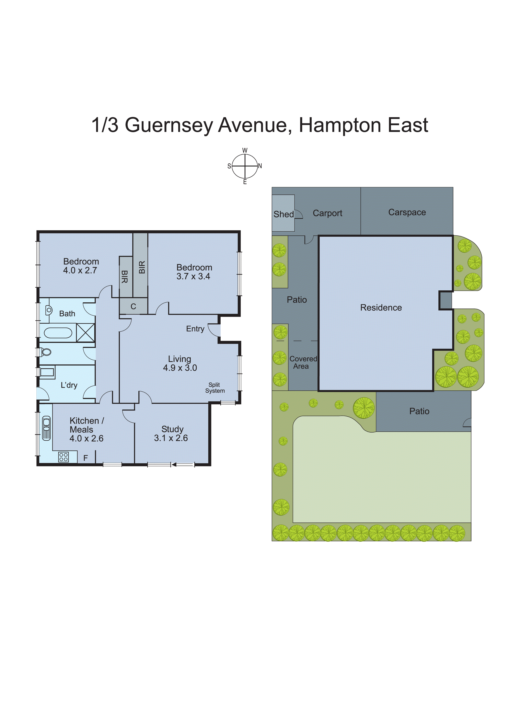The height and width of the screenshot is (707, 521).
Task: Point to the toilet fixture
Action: tap(46, 352)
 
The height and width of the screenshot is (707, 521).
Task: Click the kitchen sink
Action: tap(46, 428)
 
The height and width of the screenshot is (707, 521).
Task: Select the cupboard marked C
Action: tap(133, 307)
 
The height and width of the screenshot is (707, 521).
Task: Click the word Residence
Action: tap(381, 307)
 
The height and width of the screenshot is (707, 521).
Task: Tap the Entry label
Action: tap(195, 329)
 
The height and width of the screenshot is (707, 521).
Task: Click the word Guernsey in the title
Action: tap(169, 125)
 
